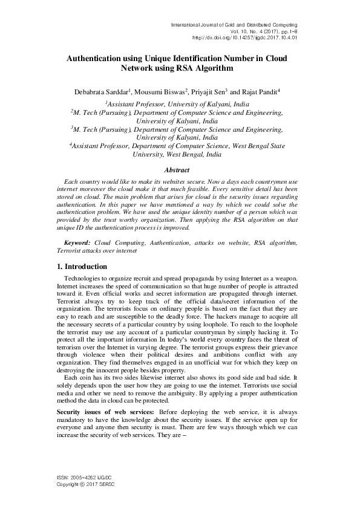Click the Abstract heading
coord(180,170)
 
